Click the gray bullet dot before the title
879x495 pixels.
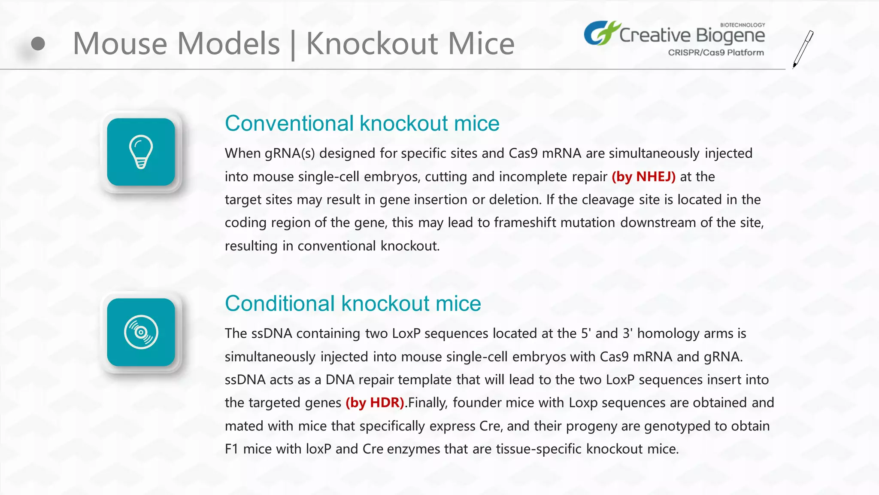tap(38, 43)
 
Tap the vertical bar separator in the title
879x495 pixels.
tap(293, 45)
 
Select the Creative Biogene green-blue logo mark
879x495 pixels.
tap(601, 33)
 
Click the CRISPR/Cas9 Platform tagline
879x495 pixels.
tap(715, 52)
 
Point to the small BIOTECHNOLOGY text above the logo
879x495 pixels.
tap(742, 25)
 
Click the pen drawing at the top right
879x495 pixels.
tap(803, 49)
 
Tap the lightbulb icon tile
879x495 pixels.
tap(141, 152)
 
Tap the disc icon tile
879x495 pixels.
tap(141, 332)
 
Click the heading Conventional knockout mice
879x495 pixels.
tap(362, 124)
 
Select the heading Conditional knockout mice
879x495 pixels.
tap(352, 304)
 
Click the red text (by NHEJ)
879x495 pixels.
tap(643, 177)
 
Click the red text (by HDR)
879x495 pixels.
tap(375, 403)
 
